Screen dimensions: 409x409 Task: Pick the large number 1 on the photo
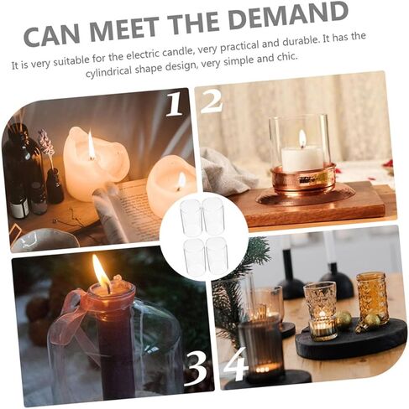click(175, 105)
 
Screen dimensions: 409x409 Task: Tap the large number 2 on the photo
click(212, 101)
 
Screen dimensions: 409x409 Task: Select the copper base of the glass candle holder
click(303, 179)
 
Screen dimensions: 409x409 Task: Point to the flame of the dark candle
click(101, 272)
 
